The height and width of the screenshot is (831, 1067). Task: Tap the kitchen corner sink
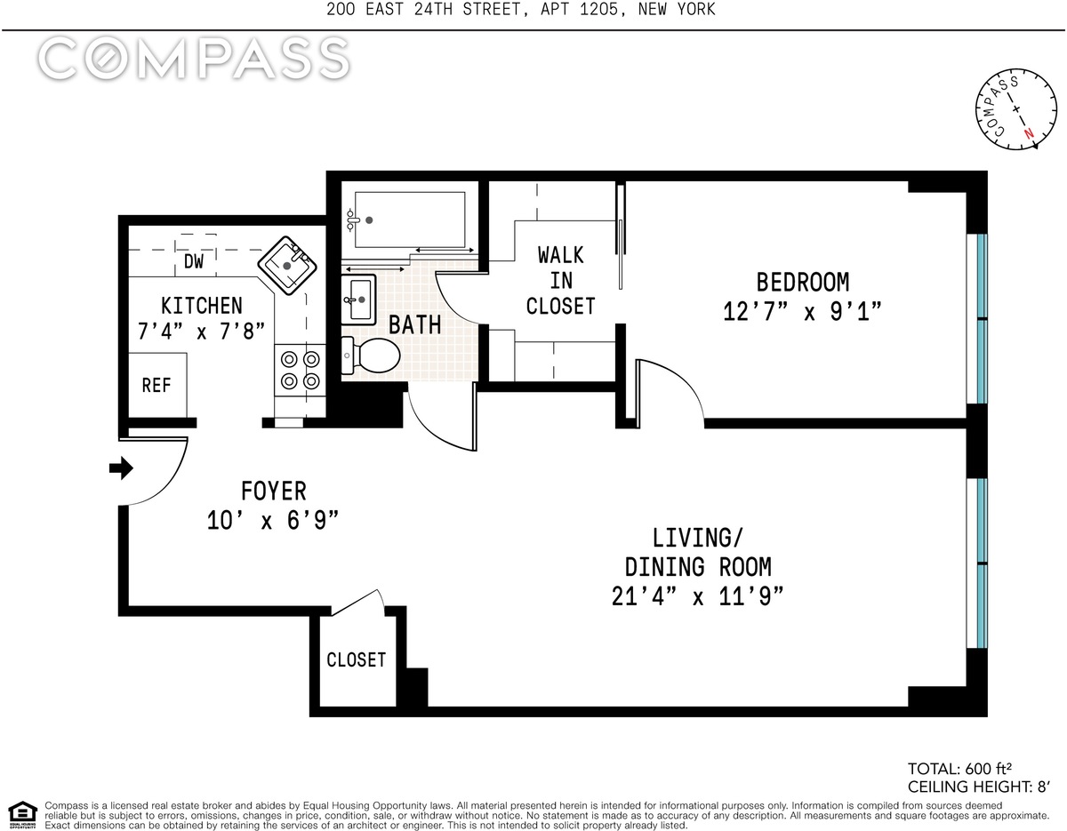coord(287,265)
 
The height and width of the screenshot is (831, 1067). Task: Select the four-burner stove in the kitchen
coord(300,370)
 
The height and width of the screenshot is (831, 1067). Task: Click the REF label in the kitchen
coord(156,386)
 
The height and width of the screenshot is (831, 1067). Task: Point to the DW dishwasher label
coord(194,261)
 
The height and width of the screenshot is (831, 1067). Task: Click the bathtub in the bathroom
coord(410,220)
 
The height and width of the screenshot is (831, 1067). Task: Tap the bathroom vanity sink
coord(359,300)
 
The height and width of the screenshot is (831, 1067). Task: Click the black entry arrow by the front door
coord(121,467)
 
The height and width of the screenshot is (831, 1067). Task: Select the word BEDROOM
coord(802,283)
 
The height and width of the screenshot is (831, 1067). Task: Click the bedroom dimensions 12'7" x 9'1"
coord(802,311)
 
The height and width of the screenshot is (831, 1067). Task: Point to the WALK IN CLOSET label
coord(561,281)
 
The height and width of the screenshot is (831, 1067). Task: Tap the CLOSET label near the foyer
coord(356,659)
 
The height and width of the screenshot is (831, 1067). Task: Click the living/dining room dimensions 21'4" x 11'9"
coord(697,597)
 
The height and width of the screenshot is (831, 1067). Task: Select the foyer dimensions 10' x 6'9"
coord(272,520)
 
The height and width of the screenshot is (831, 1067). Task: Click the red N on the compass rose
coord(1029,133)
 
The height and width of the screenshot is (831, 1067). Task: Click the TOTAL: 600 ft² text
coord(959,768)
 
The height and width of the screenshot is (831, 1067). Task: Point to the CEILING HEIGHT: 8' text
coord(979,787)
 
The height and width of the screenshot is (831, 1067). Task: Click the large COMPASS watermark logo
coord(194,59)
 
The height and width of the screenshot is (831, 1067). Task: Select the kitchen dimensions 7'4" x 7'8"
coord(201,332)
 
